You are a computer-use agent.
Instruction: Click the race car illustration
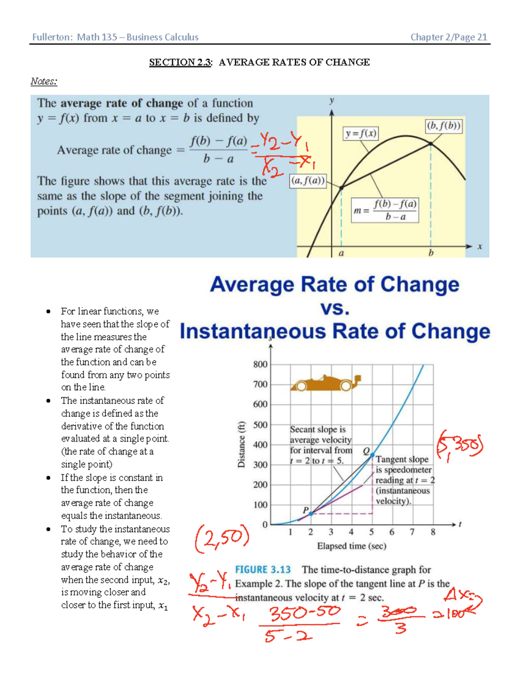click(x=325, y=383)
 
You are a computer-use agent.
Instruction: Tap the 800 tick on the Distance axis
click(x=260, y=364)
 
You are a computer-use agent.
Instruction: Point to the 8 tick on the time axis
click(x=432, y=532)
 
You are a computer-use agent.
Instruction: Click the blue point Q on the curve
click(x=372, y=455)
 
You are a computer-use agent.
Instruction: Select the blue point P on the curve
click(x=311, y=514)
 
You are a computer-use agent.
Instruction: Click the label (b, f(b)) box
click(x=444, y=126)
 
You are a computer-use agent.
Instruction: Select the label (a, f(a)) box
click(x=308, y=181)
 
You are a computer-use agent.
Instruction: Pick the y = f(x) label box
click(x=361, y=133)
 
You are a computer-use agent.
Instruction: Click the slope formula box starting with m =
click(x=385, y=210)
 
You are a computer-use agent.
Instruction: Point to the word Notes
click(x=43, y=81)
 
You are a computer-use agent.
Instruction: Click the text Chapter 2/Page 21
click(x=448, y=37)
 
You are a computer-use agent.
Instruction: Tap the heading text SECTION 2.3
click(x=180, y=62)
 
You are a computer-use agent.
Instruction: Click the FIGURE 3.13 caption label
click(x=263, y=569)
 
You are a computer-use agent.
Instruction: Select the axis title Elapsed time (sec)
click(x=351, y=546)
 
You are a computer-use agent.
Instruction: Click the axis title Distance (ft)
click(x=241, y=444)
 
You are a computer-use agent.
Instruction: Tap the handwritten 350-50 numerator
click(x=305, y=613)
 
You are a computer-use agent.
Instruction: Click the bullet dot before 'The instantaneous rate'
click(x=49, y=401)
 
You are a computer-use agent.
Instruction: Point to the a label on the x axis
click(x=341, y=253)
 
